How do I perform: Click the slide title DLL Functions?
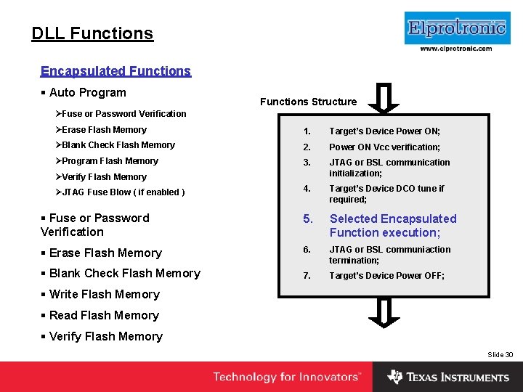pyautogui.click(x=92, y=33)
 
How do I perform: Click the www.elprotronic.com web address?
pyautogui.click(x=456, y=49)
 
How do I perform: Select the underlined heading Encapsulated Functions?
pyautogui.click(x=115, y=71)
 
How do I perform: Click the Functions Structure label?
pyautogui.click(x=308, y=102)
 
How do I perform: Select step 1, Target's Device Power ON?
pyautogui.click(x=384, y=131)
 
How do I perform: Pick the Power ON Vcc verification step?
pyautogui.click(x=384, y=147)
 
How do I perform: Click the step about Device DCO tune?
pyautogui.click(x=386, y=194)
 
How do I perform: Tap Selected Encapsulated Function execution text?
pyautogui.click(x=392, y=226)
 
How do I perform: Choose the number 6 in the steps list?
pyautogui.click(x=307, y=250)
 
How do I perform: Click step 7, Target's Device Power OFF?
pyautogui.click(x=386, y=276)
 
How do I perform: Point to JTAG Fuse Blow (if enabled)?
pyautogui.click(x=123, y=192)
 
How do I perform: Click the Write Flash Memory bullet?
pyautogui.click(x=104, y=295)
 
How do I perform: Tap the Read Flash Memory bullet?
pyautogui.click(x=103, y=316)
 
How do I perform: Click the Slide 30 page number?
pyautogui.click(x=500, y=354)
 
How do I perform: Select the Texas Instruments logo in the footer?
pyautogui.click(x=448, y=377)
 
